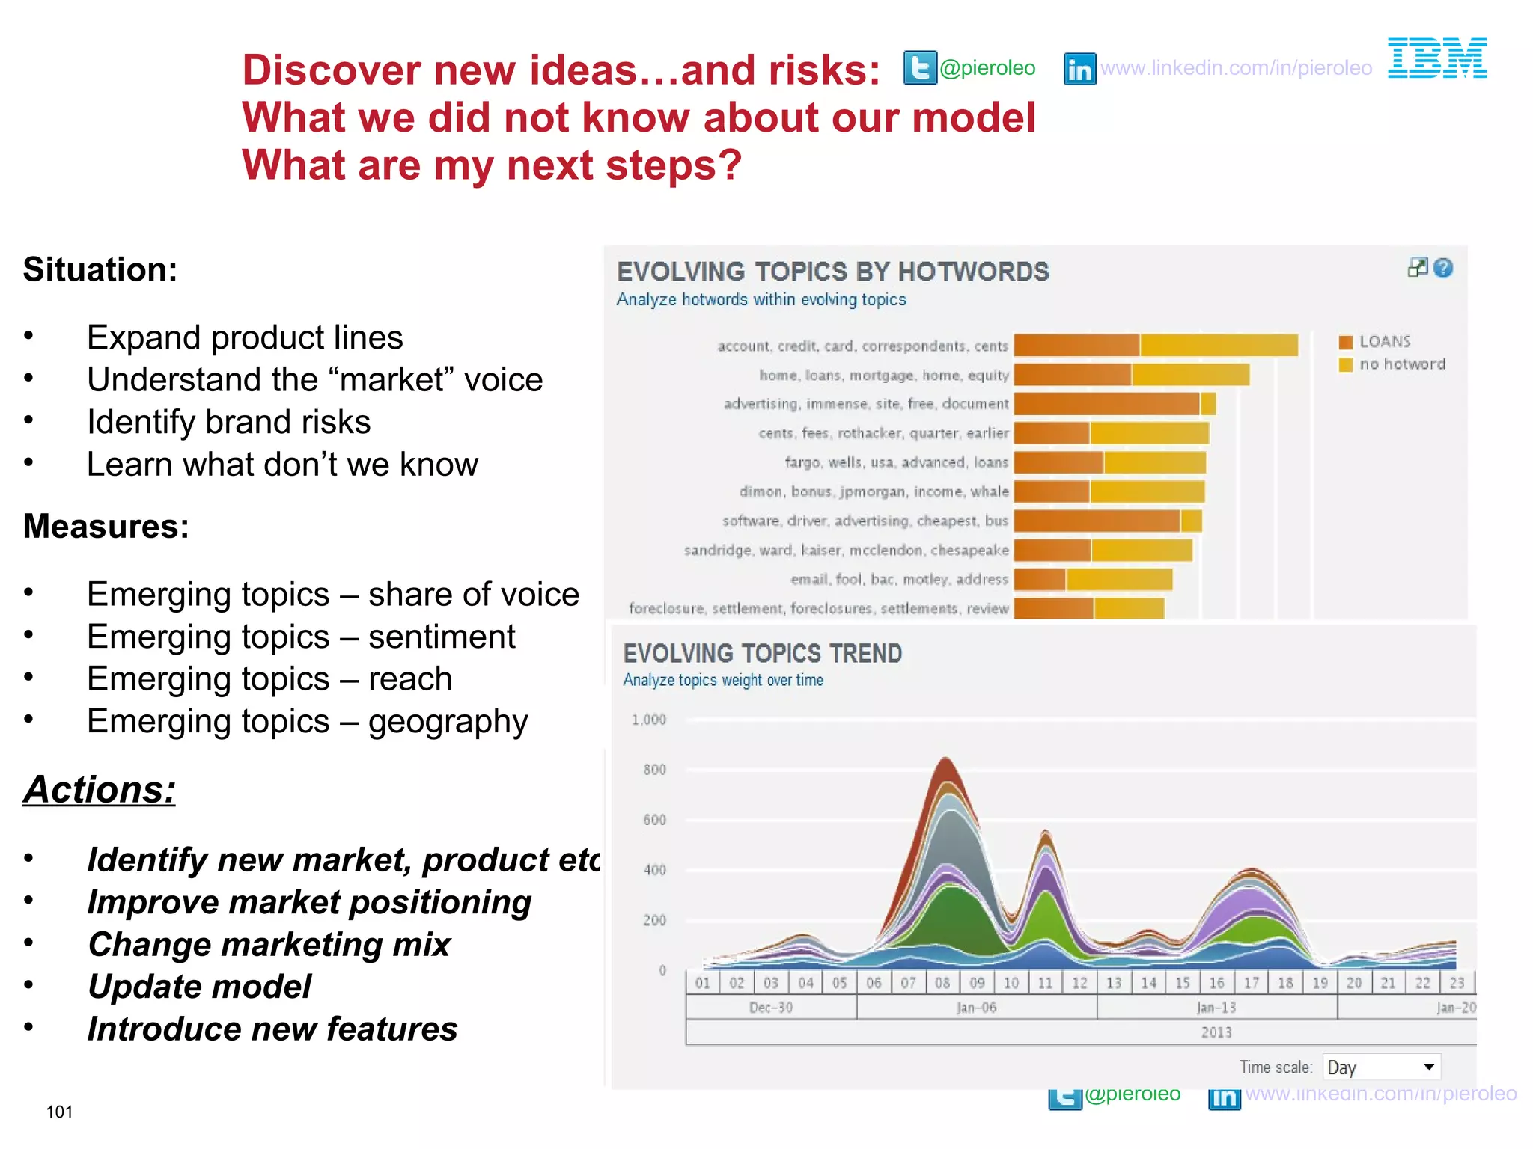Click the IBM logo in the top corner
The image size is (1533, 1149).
1437,58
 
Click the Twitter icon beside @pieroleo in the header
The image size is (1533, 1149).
920,68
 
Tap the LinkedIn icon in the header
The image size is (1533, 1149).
1079,69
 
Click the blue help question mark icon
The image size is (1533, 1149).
1444,268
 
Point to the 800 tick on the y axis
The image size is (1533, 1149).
654,770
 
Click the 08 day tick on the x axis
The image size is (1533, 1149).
942,983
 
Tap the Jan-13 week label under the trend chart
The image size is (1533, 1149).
1216,1008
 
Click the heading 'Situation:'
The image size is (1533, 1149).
100,269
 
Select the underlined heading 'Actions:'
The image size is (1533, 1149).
100,790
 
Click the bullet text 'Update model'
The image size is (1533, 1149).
199,987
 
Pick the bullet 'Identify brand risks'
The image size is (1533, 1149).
228,422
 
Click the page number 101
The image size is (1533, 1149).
59,1112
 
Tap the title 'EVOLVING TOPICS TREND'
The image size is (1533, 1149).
762,654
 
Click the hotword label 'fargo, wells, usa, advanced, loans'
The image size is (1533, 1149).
896,462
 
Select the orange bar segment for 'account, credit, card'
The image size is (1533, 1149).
1076,345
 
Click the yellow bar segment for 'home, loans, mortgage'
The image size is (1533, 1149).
1190,374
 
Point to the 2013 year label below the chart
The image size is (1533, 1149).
1216,1032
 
